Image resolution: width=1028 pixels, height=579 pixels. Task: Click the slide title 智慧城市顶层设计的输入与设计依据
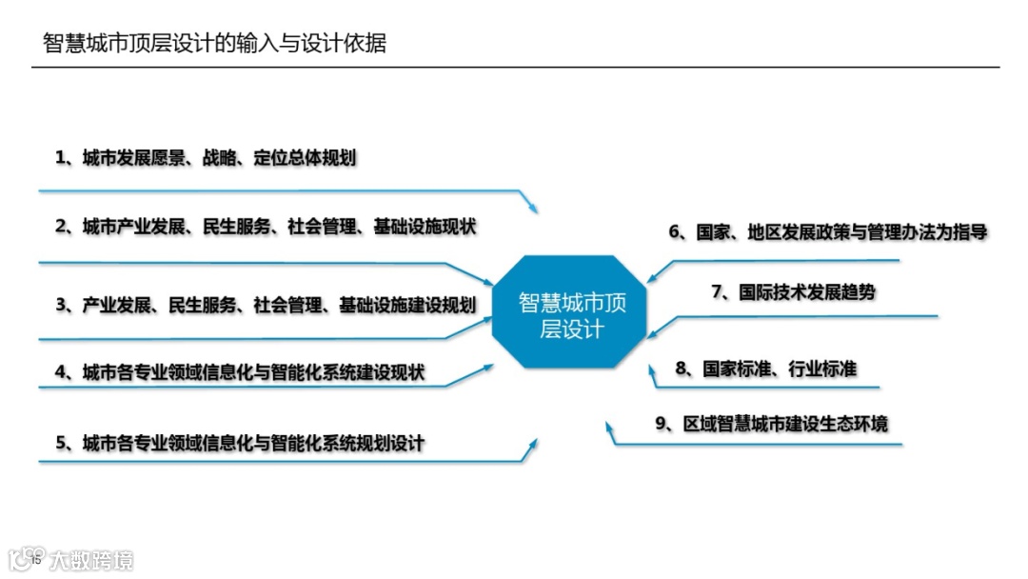click(215, 43)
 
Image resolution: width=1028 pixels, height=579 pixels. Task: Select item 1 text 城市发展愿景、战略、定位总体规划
click(206, 157)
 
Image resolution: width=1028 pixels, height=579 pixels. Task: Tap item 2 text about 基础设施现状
click(266, 227)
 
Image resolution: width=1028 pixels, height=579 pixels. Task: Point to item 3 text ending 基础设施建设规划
click(266, 306)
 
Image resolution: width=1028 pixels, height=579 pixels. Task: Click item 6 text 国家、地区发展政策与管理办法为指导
click(827, 231)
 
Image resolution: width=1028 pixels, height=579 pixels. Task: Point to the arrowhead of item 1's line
click(533, 209)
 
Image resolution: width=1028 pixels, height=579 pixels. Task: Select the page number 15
click(37, 560)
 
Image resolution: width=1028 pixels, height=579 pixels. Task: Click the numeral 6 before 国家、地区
click(675, 232)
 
